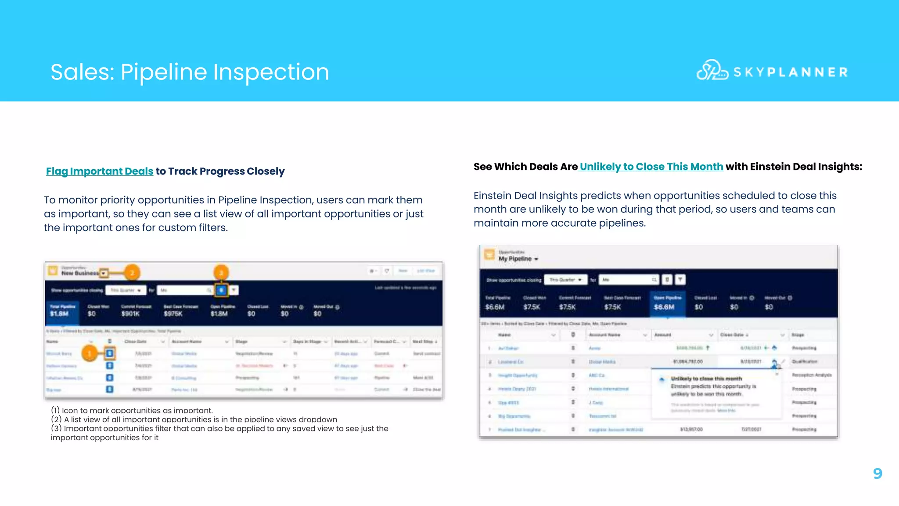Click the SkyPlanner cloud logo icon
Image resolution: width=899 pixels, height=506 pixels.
click(x=712, y=70)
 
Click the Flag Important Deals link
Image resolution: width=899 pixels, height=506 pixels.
click(x=100, y=171)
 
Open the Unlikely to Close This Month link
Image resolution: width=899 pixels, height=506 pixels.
click(x=651, y=167)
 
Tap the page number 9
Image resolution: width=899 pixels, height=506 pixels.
click(x=877, y=473)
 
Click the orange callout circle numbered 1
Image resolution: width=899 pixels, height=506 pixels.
click(x=90, y=353)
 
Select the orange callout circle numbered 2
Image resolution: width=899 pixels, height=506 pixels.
click(x=132, y=273)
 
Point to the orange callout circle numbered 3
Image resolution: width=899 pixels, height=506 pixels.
click(x=221, y=273)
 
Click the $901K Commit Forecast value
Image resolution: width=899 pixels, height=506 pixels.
click(x=130, y=314)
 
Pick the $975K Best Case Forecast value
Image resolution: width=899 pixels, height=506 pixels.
click(x=173, y=314)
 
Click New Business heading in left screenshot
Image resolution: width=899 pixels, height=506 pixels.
click(x=80, y=273)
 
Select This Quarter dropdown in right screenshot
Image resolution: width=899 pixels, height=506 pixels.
click(x=565, y=280)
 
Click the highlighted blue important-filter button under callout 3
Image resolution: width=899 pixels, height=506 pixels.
click(x=221, y=290)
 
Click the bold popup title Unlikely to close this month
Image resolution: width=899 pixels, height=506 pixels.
click(x=706, y=379)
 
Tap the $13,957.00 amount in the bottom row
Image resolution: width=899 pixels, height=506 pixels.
click(x=691, y=430)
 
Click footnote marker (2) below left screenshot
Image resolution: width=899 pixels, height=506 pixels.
click(x=56, y=419)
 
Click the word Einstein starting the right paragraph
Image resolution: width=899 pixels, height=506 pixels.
click(x=492, y=196)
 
